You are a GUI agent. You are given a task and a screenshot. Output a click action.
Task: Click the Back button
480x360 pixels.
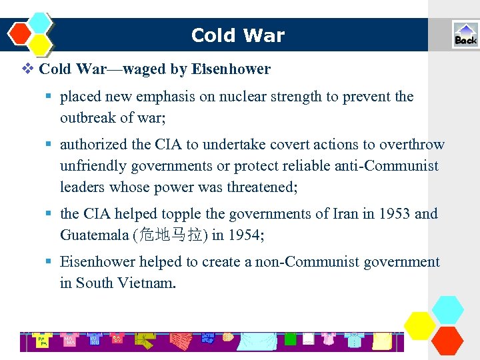click(465, 35)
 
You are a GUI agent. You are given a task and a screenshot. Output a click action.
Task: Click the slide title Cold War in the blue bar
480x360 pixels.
click(238, 35)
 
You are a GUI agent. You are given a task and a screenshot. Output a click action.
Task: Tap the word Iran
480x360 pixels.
click(333, 214)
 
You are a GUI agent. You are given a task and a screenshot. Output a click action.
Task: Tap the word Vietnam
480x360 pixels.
click(146, 283)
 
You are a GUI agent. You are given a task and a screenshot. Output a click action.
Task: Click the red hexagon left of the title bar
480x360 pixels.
click(21, 32)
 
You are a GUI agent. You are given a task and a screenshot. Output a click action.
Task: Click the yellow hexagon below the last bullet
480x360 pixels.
click(420, 325)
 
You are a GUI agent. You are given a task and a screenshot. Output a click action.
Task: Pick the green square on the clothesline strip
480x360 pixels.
click(290, 339)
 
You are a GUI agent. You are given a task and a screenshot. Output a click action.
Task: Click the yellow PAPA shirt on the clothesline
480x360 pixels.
click(42, 341)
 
